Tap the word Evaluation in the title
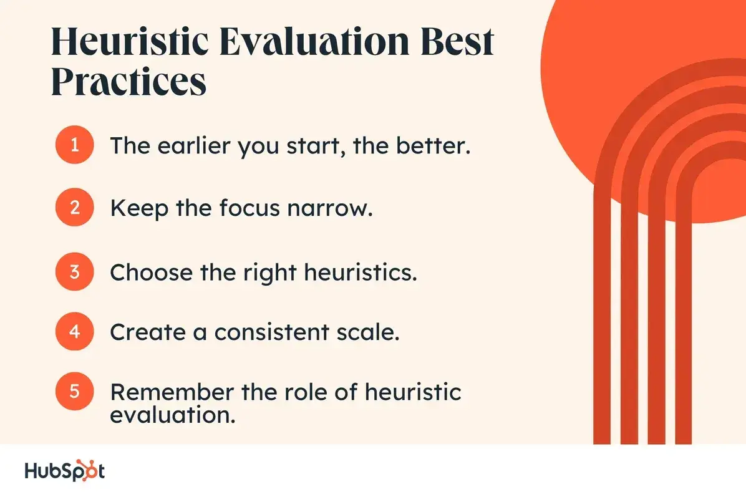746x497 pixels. pos(314,41)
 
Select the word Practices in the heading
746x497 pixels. pos(129,82)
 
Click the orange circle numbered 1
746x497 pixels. pos(74,145)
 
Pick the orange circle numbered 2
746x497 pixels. pos(74,208)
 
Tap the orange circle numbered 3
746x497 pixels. pos(74,271)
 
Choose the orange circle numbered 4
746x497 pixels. pos(74,332)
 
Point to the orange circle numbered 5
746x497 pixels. pos(74,392)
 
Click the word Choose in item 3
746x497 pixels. pos(151,273)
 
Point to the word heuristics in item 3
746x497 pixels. pos(360,273)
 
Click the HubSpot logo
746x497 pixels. pos(65,471)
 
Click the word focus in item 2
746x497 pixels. pos(249,208)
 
